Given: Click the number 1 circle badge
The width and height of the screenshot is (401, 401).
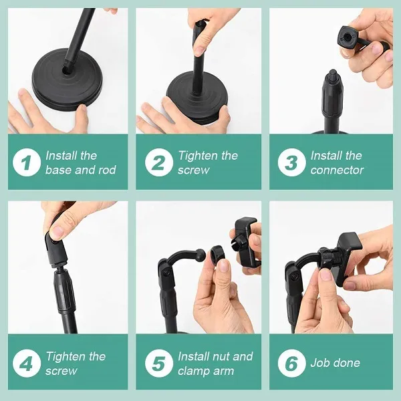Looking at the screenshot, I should [x=27, y=163].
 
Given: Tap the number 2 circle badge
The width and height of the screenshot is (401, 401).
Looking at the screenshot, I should [x=159, y=163].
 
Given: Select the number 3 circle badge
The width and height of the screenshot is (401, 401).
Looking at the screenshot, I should [x=291, y=163].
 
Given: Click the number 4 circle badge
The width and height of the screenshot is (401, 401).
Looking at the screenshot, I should [x=27, y=364].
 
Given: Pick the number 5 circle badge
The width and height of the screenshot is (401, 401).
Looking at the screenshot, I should [x=159, y=364].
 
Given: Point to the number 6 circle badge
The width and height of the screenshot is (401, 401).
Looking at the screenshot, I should [x=291, y=364].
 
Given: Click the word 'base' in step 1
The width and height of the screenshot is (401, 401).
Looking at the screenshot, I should [x=59, y=170].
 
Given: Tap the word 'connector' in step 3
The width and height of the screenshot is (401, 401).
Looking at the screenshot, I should [x=337, y=170].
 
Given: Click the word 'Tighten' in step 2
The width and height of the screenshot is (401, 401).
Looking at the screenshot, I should [x=198, y=156].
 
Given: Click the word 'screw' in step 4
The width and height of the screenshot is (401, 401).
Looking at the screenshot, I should [x=61, y=371].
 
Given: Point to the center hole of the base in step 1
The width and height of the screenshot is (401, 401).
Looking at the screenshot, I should [x=67, y=68].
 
